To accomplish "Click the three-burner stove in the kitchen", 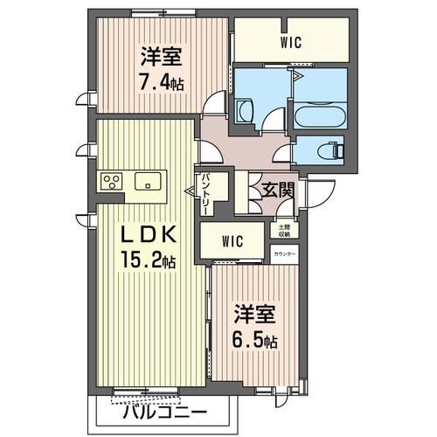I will pyautogui.click(x=112, y=182).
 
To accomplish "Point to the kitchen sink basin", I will pyautogui.click(x=147, y=182).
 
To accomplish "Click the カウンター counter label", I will pyautogui.click(x=284, y=254).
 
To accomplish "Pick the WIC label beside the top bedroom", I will pyautogui.click(x=291, y=41).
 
